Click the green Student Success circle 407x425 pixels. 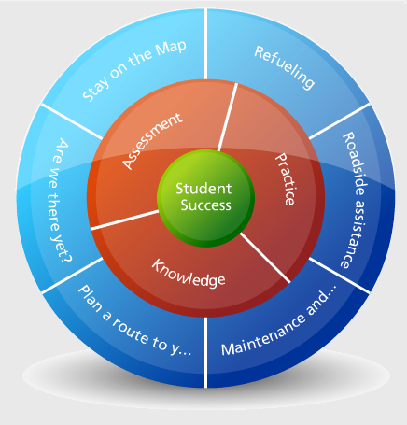[x=205, y=198]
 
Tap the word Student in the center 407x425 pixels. [x=203, y=189]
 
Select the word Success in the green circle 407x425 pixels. [x=206, y=205]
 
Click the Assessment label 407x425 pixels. [x=152, y=141]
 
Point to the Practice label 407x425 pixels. [x=285, y=179]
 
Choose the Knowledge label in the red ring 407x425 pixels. [x=189, y=273]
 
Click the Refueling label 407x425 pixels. [x=284, y=67]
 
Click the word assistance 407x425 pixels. [x=353, y=234]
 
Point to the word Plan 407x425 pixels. [x=90, y=298]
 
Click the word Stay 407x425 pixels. [x=95, y=89]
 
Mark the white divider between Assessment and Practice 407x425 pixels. [x=227, y=118]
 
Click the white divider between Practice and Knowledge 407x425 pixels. [x=265, y=258]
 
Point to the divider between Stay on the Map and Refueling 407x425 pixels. [x=205, y=44]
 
